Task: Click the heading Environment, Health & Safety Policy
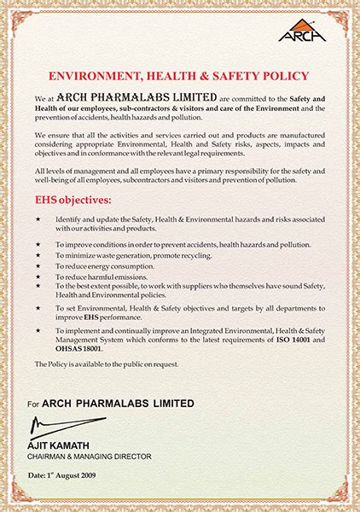[178, 75]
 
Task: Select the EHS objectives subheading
[73, 201]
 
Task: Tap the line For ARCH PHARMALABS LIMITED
[110, 403]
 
